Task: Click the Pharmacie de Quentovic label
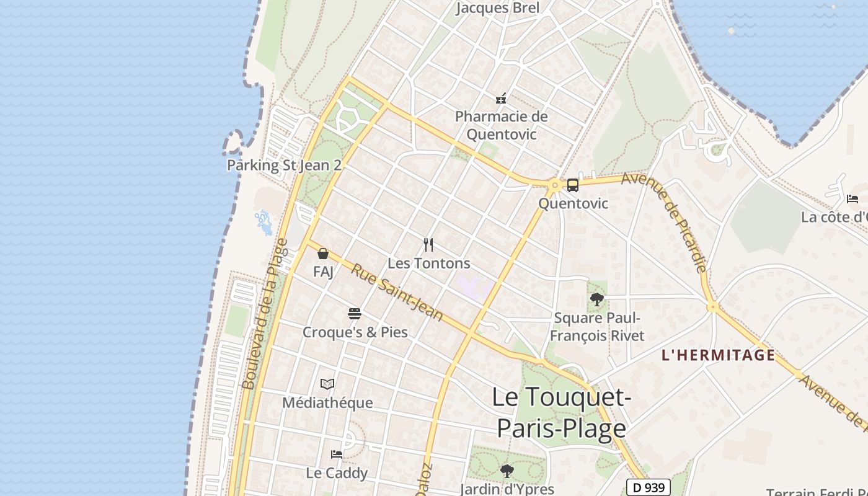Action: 502,125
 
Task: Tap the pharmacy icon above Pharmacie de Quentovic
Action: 501,99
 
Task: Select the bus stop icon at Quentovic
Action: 573,185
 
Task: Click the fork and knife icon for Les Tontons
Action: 428,245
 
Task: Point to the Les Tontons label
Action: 428,263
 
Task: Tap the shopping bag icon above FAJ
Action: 323,254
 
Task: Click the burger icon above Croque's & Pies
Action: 355,314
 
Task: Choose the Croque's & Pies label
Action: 355,332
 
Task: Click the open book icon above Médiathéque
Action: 327,384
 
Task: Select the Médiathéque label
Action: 327,403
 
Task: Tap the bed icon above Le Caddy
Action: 337,454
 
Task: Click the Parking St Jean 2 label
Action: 285,166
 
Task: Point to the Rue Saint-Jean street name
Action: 397,293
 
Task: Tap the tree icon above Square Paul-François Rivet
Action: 597,300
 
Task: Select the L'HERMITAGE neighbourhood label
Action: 718,355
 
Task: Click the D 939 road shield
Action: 649,487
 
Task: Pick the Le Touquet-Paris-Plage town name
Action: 562,413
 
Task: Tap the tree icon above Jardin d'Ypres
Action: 507,471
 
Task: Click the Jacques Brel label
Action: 498,8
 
